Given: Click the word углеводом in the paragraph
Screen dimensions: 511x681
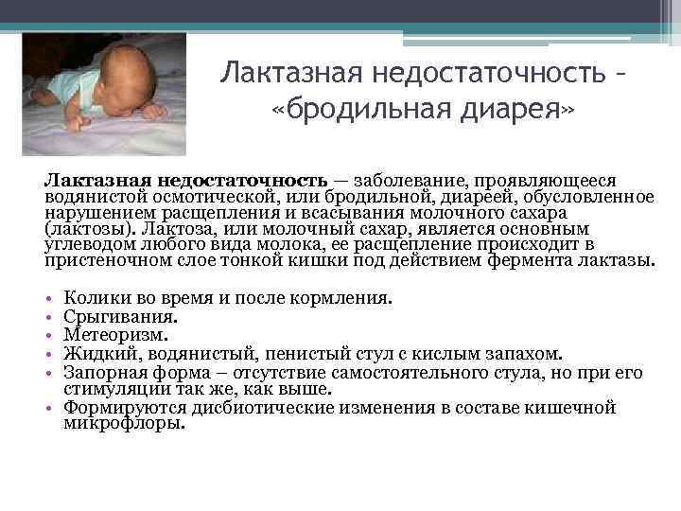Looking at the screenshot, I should click(x=91, y=244).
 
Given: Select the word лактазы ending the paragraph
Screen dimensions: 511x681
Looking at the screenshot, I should click(x=616, y=260).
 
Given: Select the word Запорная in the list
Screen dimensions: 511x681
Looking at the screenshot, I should click(x=100, y=371).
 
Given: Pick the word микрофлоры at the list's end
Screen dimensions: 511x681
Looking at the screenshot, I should click(x=123, y=423).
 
